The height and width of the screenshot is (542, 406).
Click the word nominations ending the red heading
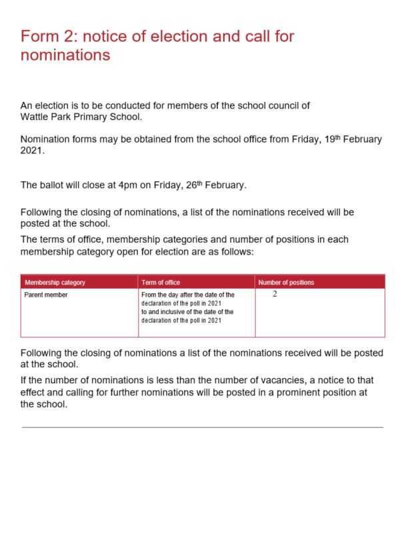(x=65, y=55)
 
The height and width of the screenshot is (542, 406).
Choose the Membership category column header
(x=55, y=283)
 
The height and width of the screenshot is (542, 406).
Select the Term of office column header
(x=161, y=283)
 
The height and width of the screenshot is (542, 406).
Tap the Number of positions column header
(x=286, y=283)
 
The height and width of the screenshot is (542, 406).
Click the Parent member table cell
(x=46, y=295)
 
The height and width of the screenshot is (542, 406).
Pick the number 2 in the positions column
(x=275, y=294)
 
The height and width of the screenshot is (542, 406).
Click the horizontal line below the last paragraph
(x=203, y=427)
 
